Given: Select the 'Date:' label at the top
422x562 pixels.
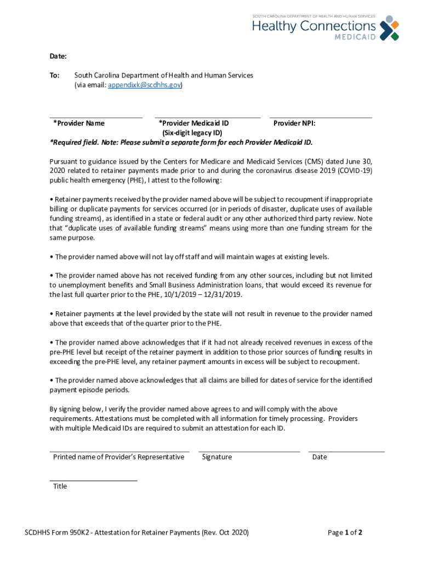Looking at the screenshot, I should pyautogui.click(x=58, y=57).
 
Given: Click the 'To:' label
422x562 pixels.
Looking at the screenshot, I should pyautogui.click(x=55, y=75).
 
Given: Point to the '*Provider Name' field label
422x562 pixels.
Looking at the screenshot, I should pyautogui.click(x=79, y=123).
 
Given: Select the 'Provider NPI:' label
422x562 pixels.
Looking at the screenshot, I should pyautogui.click(x=294, y=123).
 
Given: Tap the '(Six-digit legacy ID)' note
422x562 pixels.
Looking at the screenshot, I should pyautogui.click(x=192, y=133).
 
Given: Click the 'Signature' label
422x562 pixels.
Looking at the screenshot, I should pyautogui.click(x=216, y=457).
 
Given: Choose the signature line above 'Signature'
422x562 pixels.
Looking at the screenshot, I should pyautogui.click(x=249, y=451).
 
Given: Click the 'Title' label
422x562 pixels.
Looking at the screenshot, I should pyautogui.click(x=60, y=486).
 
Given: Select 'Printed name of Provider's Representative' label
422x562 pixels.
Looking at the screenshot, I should pyautogui.click(x=118, y=457).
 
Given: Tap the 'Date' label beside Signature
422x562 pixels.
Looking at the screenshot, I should pyautogui.click(x=320, y=457).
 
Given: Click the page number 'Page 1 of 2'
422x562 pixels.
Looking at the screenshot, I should pyautogui.click(x=345, y=532).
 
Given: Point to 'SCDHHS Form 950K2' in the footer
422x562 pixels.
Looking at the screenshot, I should pyautogui.click(x=58, y=532).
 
